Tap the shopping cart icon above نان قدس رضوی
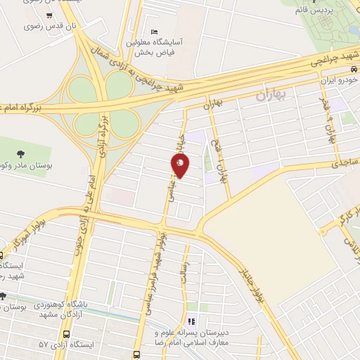pos(49,15)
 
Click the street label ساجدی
pos(345,162)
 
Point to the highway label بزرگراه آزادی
pos(101,130)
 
